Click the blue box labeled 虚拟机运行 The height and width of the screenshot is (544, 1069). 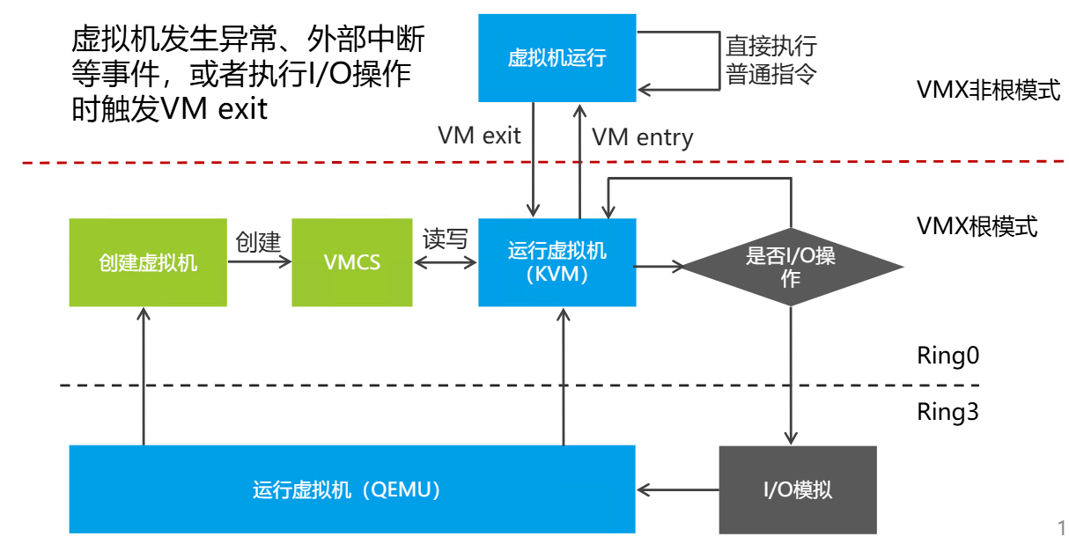(557, 58)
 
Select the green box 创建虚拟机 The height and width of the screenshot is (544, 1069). (148, 262)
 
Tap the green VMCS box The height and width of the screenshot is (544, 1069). (352, 262)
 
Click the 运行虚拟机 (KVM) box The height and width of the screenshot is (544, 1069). (557, 262)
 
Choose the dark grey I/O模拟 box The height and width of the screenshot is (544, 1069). (798, 489)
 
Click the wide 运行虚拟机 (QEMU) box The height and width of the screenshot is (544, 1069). (351, 489)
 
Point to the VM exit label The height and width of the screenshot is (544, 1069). (479, 136)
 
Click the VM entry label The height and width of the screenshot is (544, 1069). (642, 137)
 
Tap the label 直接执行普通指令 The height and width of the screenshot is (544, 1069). (770, 59)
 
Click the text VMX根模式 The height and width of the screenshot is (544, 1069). (977, 226)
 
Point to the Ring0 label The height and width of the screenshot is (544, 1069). (947, 356)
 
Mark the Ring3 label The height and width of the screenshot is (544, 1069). (947, 412)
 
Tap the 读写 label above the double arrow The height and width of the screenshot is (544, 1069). (446, 239)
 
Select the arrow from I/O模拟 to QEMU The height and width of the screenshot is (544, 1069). (677, 489)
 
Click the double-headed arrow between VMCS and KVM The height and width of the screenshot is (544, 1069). (446, 261)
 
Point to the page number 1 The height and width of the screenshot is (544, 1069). (1061, 528)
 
